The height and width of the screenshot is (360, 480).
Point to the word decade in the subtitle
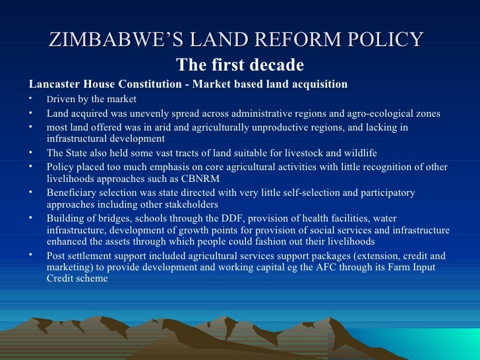coord(278,65)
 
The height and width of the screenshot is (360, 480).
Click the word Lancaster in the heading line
coord(53,84)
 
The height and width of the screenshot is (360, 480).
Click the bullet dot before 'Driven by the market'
coord(31,99)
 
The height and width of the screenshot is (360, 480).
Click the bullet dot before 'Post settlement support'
coord(31,255)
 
